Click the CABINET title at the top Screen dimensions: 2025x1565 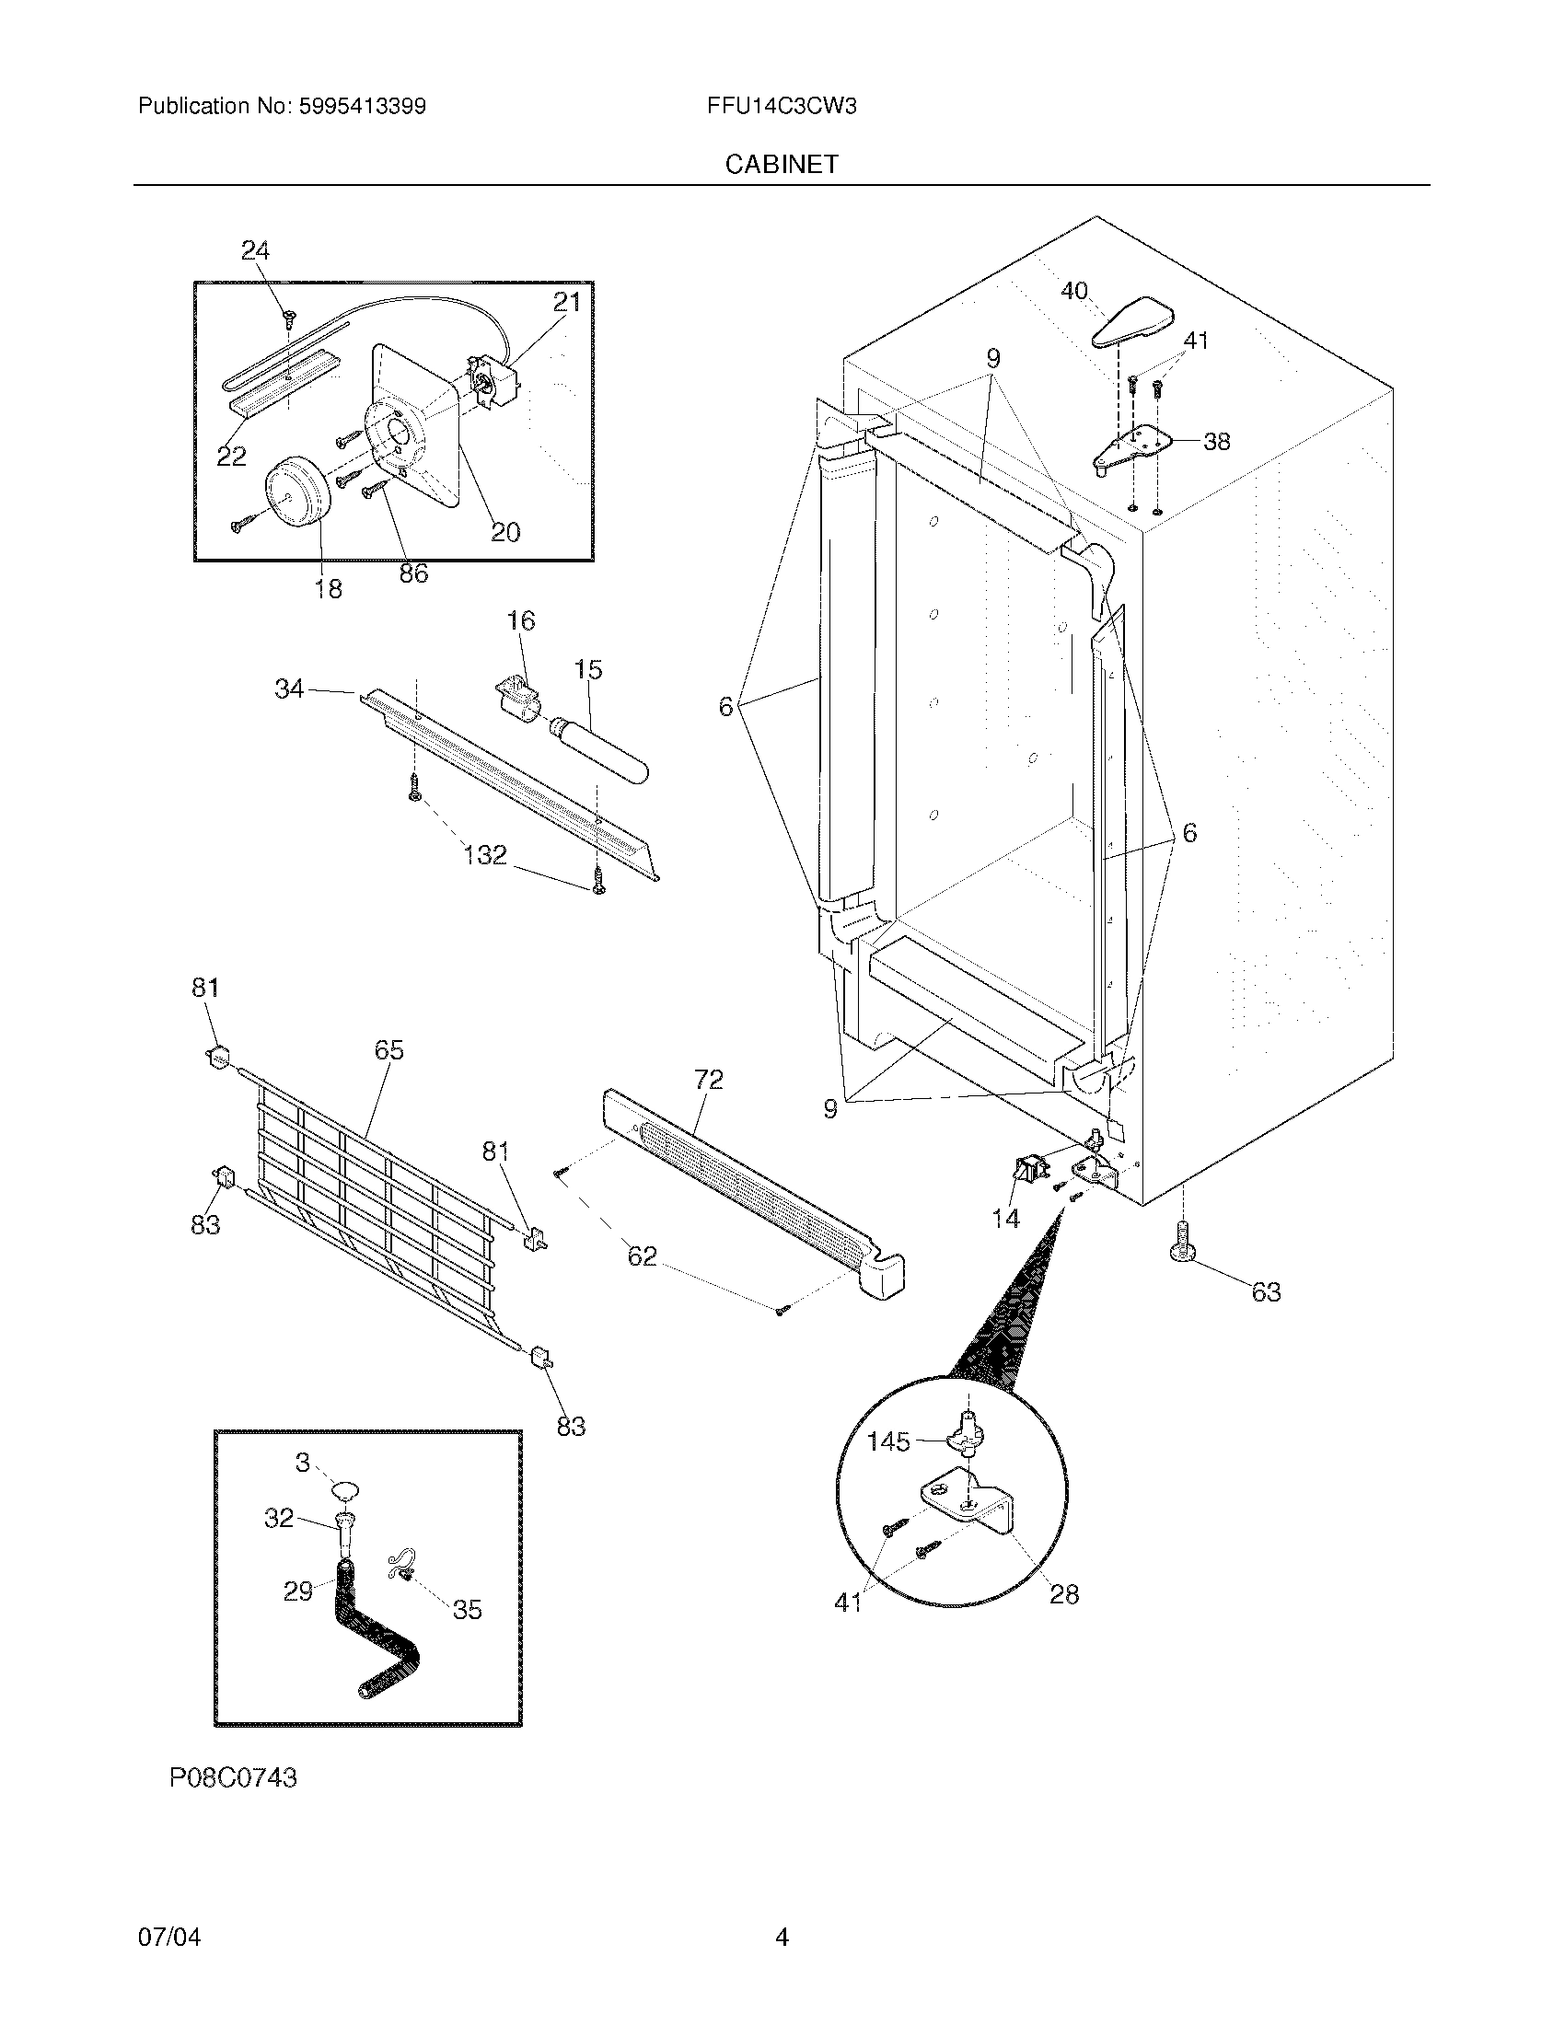click(782, 164)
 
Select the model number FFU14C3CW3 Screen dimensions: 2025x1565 click(781, 107)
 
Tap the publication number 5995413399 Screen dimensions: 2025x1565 click(362, 107)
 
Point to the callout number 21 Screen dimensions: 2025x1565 click(566, 302)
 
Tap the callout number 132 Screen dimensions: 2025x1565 click(485, 854)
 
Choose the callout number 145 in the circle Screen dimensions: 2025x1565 click(888, 1441)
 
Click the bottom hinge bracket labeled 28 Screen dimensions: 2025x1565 click(973, 1507)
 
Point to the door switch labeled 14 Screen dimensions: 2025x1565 click(1024, 1172)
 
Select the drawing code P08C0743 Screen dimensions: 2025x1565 click(234, 1777)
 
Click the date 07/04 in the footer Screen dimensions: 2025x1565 click(169, 1937)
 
